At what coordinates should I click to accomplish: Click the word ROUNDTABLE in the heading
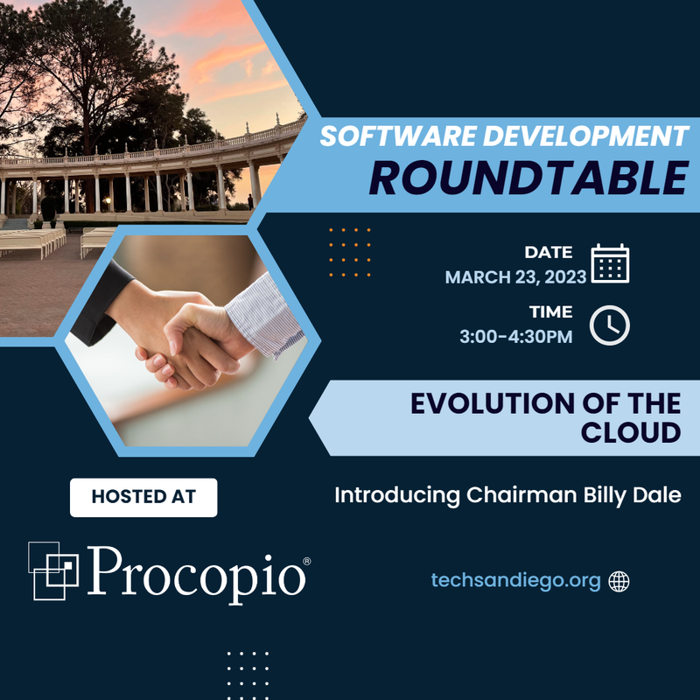pos(528,178)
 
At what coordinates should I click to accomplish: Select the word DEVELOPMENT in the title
pos(585,136)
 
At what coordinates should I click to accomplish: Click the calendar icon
pos(610,263)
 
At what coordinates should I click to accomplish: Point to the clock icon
pos(609,325)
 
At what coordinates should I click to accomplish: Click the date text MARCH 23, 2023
pos(515,277)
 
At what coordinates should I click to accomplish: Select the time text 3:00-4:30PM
pos(516,337)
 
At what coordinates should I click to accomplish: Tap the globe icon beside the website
pos(619,581)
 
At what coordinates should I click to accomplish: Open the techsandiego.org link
pos(515,580)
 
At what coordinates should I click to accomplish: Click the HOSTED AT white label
pos(143,497)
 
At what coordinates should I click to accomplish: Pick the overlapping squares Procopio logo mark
pos(53,570)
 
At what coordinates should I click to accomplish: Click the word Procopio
pos(196,574)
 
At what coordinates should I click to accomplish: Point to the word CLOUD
pos(631,432)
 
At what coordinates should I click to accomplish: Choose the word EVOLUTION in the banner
pos(493,403)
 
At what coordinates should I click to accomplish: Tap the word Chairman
pos(521,494)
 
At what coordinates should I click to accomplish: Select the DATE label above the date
pos(549,252)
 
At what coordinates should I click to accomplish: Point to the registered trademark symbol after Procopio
pos(307,561)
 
